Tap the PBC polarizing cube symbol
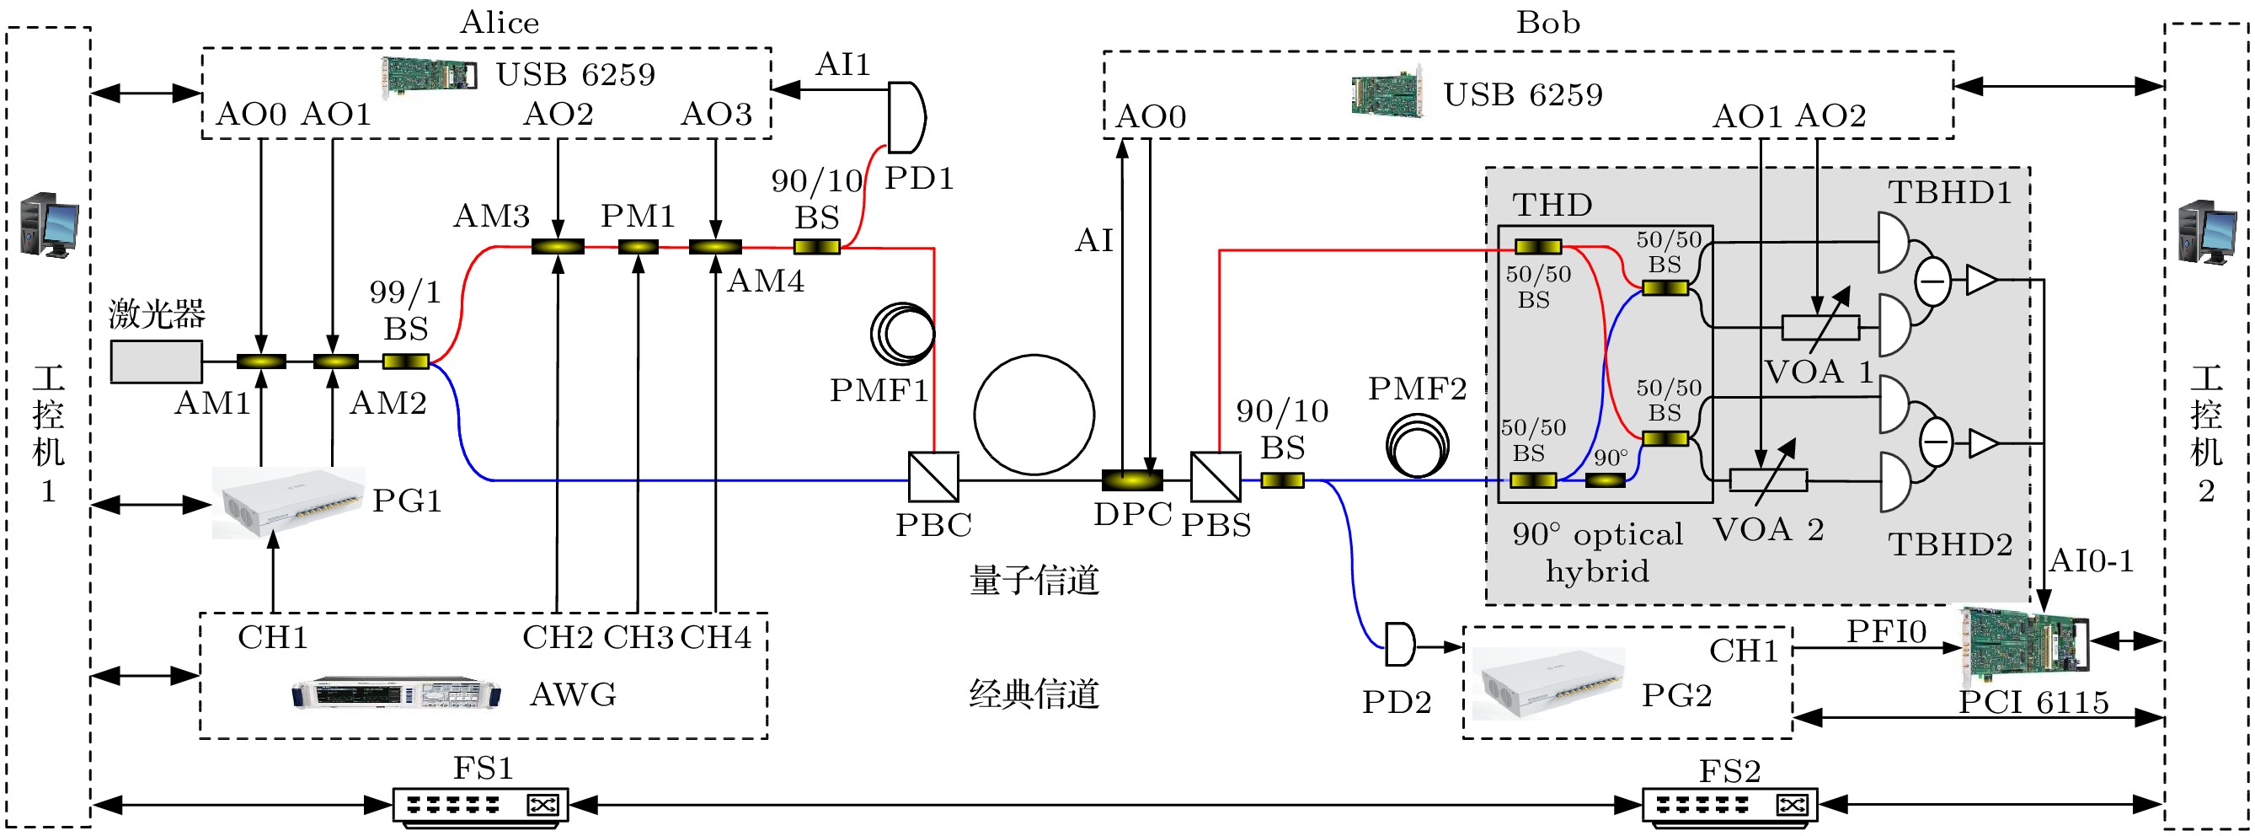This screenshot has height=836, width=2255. (933, 477)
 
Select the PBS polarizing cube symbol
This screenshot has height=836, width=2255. (1215, 477)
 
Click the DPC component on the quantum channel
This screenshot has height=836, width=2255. (1132, 480)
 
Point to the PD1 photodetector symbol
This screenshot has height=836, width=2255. (906, 117)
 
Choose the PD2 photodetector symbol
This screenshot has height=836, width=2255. (1400, 645)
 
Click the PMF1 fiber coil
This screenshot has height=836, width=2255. (902, 334)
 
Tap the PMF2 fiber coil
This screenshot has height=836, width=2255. (1417, 447)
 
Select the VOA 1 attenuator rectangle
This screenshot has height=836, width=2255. (1821, 329)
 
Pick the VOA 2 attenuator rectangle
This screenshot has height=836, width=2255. (1768, 480)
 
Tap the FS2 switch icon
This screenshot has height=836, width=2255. (1729, 805)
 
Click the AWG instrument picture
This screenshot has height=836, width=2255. (396, 693)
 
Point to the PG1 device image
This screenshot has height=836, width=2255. (288, 501)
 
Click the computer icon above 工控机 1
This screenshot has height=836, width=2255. (49, 225)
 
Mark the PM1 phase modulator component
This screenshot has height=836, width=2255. (639, 247)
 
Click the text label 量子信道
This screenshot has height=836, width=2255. (1034, 581)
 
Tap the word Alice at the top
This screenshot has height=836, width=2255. (499, 23)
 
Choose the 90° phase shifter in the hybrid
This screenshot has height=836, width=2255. (1606, 480)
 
